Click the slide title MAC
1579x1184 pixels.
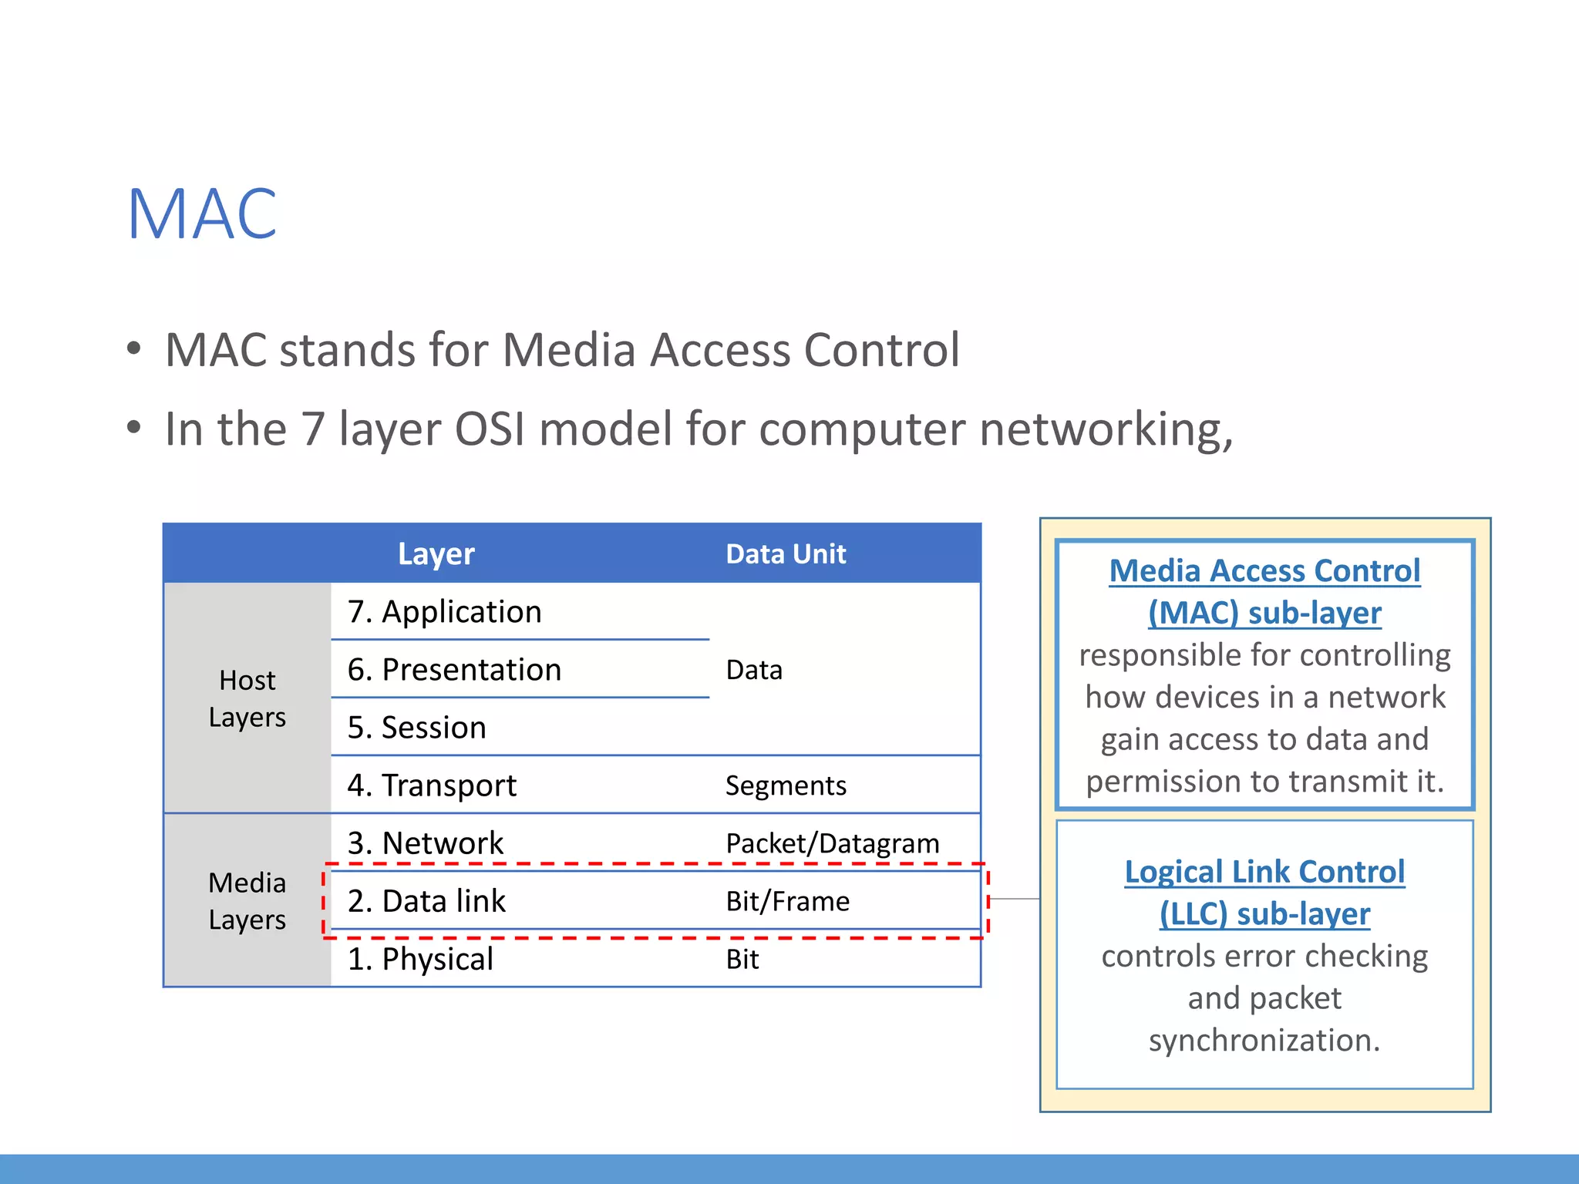tap(202, 214)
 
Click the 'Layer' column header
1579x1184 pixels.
tap(436, 554)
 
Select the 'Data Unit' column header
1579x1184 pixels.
tap(786, 554)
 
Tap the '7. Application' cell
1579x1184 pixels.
tap(444, 612)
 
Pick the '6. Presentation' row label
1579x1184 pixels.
tap(454, 670)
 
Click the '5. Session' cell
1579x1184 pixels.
tap(416, 728)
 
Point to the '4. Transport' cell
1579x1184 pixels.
tap(432, 785)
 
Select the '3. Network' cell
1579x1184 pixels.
tap(425, 843)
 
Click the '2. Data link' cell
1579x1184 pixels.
tap(426, 901)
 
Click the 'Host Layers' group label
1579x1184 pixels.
tap(247, 698)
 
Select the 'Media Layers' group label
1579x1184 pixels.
tap(247, 901)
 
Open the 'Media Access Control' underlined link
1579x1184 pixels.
tap(1264, 571)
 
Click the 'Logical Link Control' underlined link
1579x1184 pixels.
tap(1264, 872)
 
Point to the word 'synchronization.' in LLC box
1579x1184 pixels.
tap(1264, 1041)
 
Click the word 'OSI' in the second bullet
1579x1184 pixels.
tap(490, 429)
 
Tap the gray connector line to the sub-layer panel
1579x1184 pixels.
tap(1014, 899)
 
